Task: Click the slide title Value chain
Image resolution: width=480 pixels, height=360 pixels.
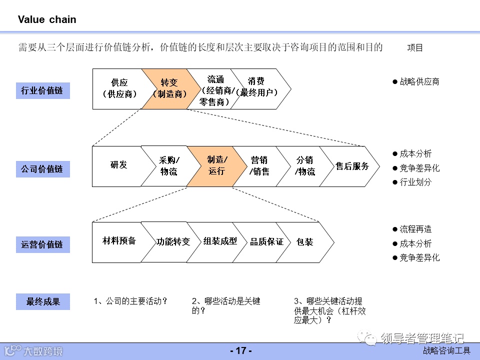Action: (x=47, y=20)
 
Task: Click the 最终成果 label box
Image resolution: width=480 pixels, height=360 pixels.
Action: (x=43, y=301)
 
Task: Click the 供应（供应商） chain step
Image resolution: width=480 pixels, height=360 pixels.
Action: (x=119, y=88)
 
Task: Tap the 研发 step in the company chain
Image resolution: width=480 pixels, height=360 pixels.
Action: (x=118, y=165)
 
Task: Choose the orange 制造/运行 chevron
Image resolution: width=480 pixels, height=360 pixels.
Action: (x=216, y=165)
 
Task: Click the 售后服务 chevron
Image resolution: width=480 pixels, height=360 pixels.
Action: (x=351, y=166)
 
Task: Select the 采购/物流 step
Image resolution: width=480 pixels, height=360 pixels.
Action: (x=169, y=166)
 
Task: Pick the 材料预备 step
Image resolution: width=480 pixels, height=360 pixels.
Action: (x=119, y=241)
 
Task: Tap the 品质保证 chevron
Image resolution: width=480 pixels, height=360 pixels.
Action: (x=266, y=242)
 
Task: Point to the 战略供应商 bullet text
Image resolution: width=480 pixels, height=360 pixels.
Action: (x=419, y=81)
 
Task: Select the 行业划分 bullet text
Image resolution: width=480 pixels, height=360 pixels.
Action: (x=415, y=182)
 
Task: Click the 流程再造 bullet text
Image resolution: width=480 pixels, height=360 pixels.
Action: (x=415, y=229)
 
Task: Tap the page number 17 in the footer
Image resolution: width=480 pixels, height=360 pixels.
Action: (x=240, y=351)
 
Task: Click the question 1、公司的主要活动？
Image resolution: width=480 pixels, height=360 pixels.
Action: (x=130, y=301)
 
